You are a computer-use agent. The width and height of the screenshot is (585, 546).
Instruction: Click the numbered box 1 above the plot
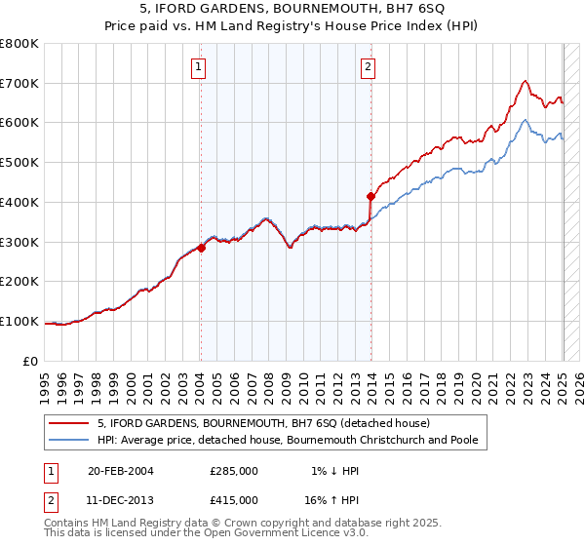(199, 67)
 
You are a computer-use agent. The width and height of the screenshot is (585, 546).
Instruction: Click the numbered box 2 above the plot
(369, 67)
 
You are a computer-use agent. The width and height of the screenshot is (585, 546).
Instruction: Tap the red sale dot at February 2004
(201, 248)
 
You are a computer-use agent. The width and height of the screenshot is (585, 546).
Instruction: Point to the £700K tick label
(19, 84)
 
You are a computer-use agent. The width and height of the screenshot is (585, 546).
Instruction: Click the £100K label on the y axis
(19, 321)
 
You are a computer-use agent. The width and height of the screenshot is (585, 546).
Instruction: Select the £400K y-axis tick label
(19, 202)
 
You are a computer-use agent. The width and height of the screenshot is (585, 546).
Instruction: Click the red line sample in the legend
(69, 423)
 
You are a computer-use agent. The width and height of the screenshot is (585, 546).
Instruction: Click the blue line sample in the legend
(69, 440)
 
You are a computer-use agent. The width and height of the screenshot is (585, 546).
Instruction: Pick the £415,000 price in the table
(233, 499)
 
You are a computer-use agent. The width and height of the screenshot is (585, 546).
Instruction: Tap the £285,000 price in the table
(233, 471)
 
